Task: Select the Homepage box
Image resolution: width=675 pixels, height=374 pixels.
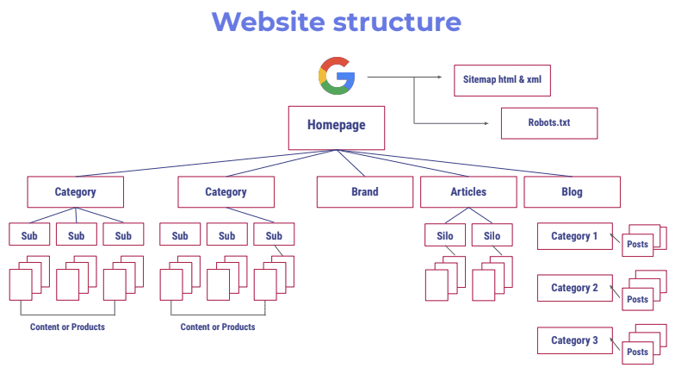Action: coord(336,126)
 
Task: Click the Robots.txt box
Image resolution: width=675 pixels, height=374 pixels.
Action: coord(548,122)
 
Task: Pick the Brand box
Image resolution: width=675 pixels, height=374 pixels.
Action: coord(364,192)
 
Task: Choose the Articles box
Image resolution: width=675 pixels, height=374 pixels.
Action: coord(468,192)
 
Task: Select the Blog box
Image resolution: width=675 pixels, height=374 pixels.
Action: coord(572,192)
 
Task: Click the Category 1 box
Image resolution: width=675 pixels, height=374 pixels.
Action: coord(574,236)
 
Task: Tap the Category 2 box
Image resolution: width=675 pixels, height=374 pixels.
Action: coord(574,288)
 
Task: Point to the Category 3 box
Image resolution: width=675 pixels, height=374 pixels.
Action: coord(574,340)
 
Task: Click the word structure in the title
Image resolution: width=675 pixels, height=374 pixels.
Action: coord(405,22)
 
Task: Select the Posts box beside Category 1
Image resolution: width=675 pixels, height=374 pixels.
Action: coord(638,245)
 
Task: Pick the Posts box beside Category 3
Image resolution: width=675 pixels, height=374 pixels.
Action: coord(638,352)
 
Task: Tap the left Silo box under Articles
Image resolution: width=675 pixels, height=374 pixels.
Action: coord(444,236)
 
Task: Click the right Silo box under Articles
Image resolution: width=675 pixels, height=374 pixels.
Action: coord(492,236)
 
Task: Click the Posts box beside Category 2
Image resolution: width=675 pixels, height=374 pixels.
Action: coord(638,299)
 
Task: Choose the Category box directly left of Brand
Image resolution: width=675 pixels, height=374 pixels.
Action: coord(226,192)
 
